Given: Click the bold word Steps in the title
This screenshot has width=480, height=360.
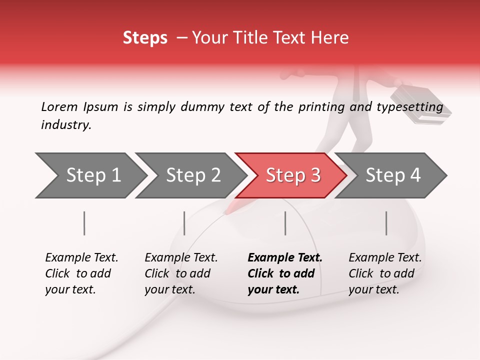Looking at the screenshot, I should point(145,38).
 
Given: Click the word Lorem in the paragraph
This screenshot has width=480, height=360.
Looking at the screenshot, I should point(59,107).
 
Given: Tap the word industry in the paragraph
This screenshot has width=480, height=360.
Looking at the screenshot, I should point(65,125).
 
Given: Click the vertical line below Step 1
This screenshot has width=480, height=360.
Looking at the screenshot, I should point(84,223).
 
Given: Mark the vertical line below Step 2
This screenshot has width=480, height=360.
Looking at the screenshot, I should point(184,223).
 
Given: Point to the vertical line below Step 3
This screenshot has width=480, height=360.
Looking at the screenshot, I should point(285,223).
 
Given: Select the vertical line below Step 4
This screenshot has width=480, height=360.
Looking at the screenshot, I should point(386,223).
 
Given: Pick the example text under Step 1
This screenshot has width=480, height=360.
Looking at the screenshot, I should point(81,273).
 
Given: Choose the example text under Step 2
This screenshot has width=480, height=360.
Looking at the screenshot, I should point(181,273).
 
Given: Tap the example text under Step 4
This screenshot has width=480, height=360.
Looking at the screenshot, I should point(385,273).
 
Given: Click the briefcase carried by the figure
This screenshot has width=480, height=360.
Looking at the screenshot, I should point(420,105).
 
